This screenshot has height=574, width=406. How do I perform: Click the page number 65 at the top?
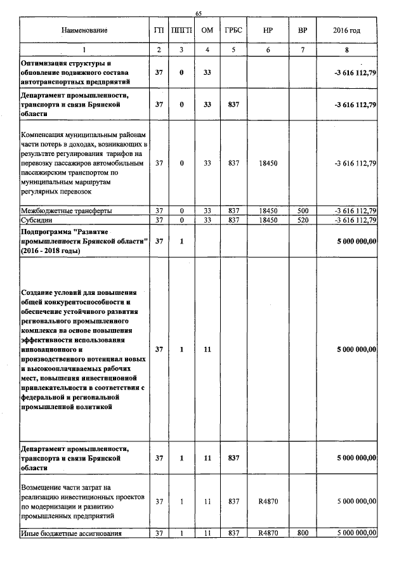(199, 13)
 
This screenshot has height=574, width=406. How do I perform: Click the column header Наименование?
(84, 30)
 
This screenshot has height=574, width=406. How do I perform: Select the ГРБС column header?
(233, 30)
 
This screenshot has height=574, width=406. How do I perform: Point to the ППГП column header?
(181, 30)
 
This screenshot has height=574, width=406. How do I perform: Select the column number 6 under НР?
(268, 49)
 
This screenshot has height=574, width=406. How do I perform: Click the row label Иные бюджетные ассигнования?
(71, 533)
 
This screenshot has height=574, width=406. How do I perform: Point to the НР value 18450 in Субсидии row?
(268, 220)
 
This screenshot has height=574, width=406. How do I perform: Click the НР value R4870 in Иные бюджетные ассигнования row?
(268, 533)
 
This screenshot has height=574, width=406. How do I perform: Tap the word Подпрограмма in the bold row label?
(49, 233)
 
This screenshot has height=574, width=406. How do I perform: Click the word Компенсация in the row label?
(46, 136)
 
